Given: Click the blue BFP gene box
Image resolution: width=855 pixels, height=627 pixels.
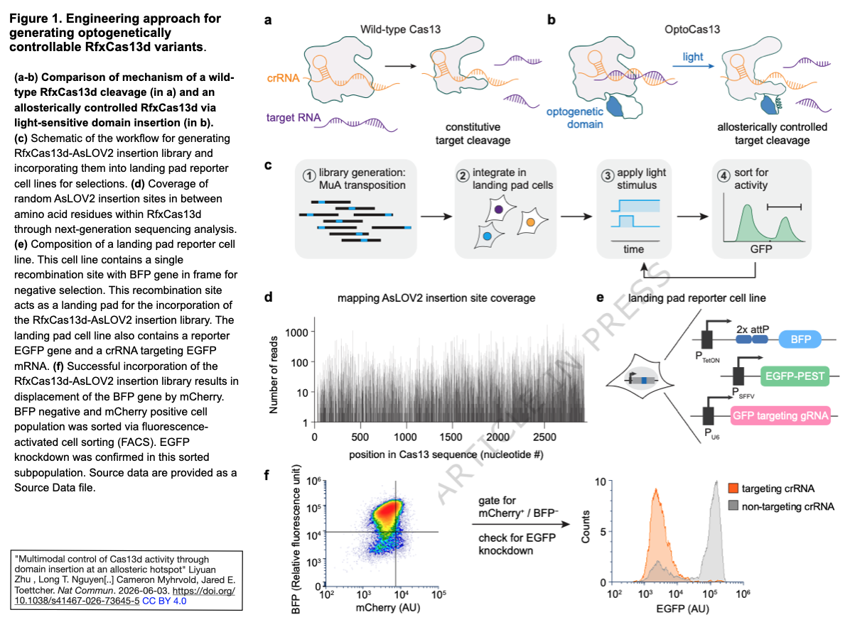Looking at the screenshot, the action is pyautogui.click(x=800, y=339).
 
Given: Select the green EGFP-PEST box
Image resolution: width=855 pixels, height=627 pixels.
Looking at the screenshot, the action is pyautogui.click(x=795, y=376).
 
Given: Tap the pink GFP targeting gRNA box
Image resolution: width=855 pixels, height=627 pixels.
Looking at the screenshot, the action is pyautogui.click(x=780, y=415).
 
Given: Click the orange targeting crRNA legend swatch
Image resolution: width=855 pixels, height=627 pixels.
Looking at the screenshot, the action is pyautogui.click(x=733, y=488).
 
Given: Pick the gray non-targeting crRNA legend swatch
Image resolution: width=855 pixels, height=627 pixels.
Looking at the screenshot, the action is pyautogui.click(x=733, y=506).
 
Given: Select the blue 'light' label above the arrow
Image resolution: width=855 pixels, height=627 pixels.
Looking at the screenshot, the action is pyautogui.click(x=692, y=57).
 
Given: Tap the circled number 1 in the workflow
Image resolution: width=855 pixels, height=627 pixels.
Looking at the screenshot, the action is pyautogui.click(x=308, y=176).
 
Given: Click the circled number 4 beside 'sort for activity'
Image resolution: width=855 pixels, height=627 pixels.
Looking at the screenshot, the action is pyautogui.click(x=724, y=176).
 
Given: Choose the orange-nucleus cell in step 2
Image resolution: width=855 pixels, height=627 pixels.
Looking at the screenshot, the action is pyautogui.click(x=532, y=222).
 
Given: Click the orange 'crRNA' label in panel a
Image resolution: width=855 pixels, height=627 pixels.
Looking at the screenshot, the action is pyautogui.click(x=283, y=78).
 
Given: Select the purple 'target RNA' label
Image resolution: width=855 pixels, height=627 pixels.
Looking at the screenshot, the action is pyautogui.click(x=293, y=117).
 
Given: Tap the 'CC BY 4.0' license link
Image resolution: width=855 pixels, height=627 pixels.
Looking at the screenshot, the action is pyautogui.click(x=164, y=601).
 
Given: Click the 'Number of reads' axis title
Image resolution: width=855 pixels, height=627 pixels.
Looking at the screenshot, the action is pyautogui.click(x=274, y=374).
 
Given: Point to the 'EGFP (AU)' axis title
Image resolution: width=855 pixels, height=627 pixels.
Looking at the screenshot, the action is pyautogui.click(x=682, y=609).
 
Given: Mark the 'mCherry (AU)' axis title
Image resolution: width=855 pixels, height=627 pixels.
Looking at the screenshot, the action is pyautogui.click(x=388, y=607).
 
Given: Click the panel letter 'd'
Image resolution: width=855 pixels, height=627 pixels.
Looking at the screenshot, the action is pyautogui.click(x=269, y=297).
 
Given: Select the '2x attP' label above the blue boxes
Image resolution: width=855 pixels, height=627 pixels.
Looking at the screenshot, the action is pyautogui.click(x=753, y=329).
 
